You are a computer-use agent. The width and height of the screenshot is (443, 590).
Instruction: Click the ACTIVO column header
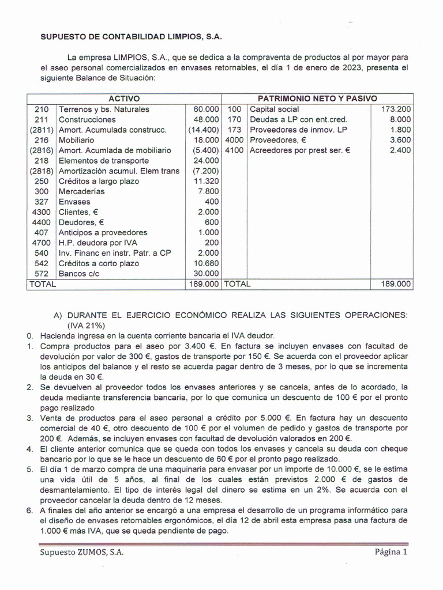point(124,99)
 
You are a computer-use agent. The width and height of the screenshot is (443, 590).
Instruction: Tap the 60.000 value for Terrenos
point(206,109)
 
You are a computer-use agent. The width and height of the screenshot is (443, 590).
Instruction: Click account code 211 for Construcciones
point(42,119)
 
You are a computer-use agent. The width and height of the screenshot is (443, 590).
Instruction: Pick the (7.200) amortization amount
point(204,171)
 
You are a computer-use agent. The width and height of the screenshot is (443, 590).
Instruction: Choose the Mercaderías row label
point(82,191)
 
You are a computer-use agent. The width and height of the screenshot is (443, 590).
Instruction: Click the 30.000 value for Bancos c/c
point(206,274)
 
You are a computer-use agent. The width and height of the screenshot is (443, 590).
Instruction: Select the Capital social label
point(274,109)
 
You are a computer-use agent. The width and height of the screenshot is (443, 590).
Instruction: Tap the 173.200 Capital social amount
point(396,109)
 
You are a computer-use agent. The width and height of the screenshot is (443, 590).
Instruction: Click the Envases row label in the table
point(74,202)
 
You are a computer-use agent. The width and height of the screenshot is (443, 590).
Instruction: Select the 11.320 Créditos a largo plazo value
point(206,181)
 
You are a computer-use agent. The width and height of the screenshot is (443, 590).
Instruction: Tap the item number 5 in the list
point(29,469)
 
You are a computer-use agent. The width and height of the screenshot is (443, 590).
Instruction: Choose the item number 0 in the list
point(29,335)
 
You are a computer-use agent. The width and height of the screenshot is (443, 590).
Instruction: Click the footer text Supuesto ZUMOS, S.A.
point(82,551)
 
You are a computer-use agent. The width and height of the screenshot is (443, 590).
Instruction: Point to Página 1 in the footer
point(391,551)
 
